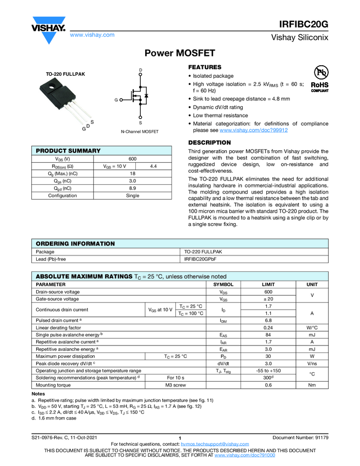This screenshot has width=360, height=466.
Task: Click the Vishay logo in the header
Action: [49, 28]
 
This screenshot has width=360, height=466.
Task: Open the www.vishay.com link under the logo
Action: [92, 35]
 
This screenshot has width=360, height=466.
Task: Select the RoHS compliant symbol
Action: [319, 79]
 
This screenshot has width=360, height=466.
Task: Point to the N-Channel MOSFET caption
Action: [140, 132]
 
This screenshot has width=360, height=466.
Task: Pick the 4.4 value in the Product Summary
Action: [154, 166]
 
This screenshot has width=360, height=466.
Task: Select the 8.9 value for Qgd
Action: [133, 188]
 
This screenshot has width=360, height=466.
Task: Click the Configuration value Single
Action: [133, 195]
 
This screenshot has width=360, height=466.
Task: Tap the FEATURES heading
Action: [205, 67]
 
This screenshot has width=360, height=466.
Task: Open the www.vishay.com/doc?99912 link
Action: [254, 130]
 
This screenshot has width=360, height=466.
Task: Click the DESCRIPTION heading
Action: [209, 143]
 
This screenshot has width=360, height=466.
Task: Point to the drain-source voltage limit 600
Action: [268, 292]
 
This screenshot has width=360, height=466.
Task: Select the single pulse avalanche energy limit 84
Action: [268, 334]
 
